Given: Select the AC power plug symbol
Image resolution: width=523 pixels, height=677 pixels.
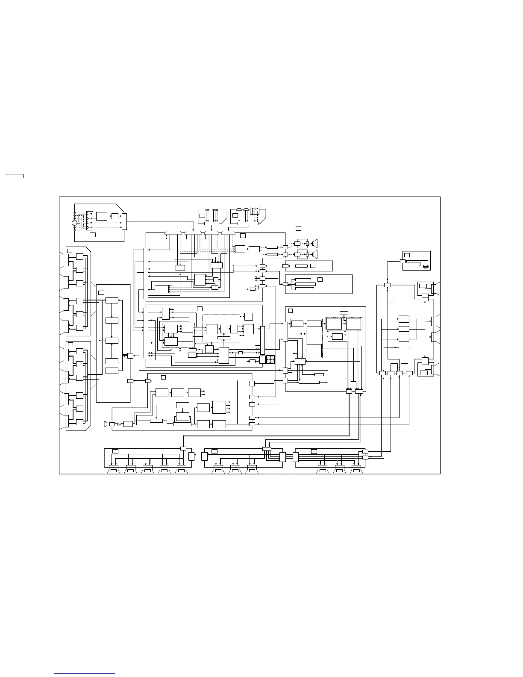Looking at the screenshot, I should (x=106, y=424).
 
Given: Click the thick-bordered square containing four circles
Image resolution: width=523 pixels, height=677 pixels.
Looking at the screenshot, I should (x=270, y=359).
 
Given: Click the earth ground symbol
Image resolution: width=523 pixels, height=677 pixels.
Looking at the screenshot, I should (x=426, y=266).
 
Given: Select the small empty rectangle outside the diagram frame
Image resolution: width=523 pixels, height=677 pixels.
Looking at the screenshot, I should (x=14, y=176).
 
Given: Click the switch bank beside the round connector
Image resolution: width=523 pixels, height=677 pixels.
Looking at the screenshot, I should (x=90, y=218).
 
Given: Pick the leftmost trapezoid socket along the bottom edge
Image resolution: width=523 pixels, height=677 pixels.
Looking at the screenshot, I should (x=113, y=471).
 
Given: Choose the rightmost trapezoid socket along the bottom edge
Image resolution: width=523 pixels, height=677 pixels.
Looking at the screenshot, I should (x=356, y=471).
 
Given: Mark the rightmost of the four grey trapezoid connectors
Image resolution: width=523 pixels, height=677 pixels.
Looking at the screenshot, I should (x=229, y=233).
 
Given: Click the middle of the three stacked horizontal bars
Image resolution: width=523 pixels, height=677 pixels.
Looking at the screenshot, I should (x=305, y=284).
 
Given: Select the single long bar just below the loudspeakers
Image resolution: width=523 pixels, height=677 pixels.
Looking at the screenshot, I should (x=301, y=266).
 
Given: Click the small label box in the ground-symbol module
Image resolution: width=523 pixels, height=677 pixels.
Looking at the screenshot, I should (x=407, y=255).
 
